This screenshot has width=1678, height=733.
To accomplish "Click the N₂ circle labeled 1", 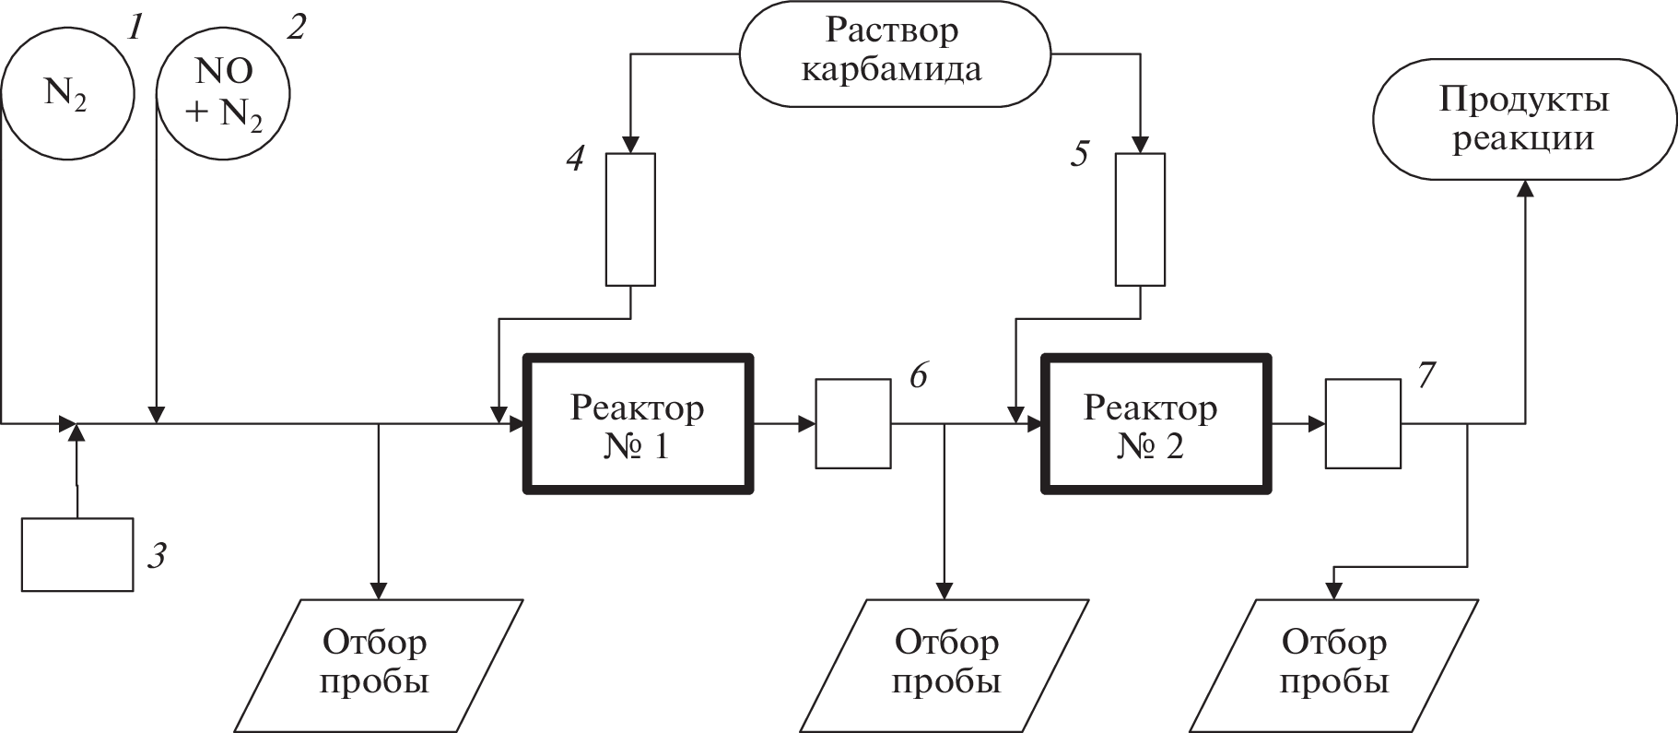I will tap(67, 93).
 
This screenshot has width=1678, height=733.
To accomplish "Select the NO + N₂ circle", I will tap(224, 94).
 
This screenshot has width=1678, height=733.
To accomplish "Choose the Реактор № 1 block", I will tap(638, 424).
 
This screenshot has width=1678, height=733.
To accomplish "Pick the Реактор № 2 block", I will tap(1156, 424).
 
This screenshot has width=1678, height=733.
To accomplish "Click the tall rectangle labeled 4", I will tap(630, 219).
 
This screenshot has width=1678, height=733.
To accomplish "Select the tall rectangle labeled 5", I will tap(1140, 219).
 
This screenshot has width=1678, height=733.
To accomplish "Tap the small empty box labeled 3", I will tap(77, 554).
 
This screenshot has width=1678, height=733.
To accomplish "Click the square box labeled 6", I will tap(853, 424).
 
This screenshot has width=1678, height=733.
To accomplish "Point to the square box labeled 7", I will tap(1363, 424).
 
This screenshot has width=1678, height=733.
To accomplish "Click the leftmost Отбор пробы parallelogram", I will tap(376, 665).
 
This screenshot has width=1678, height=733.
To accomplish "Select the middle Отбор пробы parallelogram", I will tap(947, 665).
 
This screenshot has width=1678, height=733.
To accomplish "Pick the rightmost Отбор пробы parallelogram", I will tap(1334, 665).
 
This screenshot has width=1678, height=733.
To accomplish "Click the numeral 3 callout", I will tap(158, 556).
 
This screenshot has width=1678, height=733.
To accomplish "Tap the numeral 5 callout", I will tap(1079, 155).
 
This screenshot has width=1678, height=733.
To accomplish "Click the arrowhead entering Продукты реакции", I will tap(1524, 187).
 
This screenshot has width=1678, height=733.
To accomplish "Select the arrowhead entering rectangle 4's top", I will tap(630, 145).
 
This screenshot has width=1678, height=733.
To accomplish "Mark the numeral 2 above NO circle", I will tap(295, 28).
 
